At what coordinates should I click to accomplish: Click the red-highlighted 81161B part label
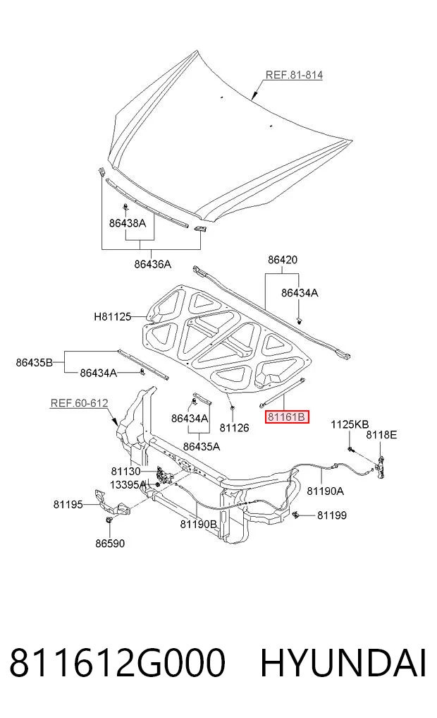287,417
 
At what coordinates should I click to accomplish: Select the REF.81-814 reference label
294,75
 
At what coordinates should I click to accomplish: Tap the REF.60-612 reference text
79,403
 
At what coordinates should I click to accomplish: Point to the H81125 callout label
113,316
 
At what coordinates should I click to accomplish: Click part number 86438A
127,223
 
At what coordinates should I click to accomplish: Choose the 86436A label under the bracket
153,264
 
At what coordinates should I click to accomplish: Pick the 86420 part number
283,260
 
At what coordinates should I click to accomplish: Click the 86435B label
35,363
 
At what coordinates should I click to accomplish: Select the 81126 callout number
234,428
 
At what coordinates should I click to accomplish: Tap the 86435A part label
202,446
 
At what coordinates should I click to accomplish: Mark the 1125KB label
350,424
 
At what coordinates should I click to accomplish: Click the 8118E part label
381,435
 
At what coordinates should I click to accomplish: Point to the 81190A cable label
325,491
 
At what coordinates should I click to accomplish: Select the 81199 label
332,515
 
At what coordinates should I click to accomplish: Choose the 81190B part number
198,524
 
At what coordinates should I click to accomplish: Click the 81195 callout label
68,504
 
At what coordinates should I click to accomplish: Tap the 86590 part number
110,543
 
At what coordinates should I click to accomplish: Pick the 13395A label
128,484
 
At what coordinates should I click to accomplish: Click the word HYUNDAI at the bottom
343,663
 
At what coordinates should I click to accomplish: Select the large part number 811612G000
118,663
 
